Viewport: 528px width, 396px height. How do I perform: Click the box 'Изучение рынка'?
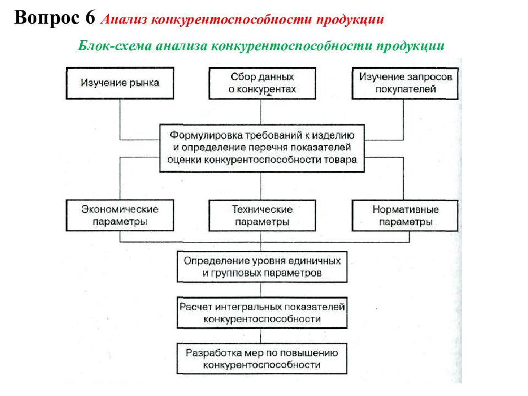pos(120,83)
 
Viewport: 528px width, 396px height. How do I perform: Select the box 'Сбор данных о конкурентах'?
pos(262,83)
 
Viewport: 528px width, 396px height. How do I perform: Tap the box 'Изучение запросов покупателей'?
pos(405,83)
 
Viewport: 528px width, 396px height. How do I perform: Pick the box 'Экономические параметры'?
pos(120,216)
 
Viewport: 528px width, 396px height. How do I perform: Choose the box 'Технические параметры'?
pos(262,216)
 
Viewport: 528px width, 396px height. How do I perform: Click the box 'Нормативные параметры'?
pos(405,216)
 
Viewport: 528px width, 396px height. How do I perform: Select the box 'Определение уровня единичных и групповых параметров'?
pos(262,267)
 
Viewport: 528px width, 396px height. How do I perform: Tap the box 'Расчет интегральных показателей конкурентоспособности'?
pos(262,313)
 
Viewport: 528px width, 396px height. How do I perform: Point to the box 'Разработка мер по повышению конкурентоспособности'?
pos(262,359)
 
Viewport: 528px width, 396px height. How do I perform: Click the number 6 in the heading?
pos(90,17)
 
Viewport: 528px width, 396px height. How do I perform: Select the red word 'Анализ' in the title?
pos(124,20)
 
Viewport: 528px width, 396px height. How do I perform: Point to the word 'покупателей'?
pos(406,89)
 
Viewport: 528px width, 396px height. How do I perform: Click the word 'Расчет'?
pos(196,307)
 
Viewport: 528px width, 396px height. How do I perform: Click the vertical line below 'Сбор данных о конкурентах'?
pos(261,112)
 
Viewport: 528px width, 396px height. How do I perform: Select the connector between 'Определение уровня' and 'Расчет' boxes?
pos(261,290)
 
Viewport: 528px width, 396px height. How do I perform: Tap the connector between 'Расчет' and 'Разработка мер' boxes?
pos(261,336)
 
